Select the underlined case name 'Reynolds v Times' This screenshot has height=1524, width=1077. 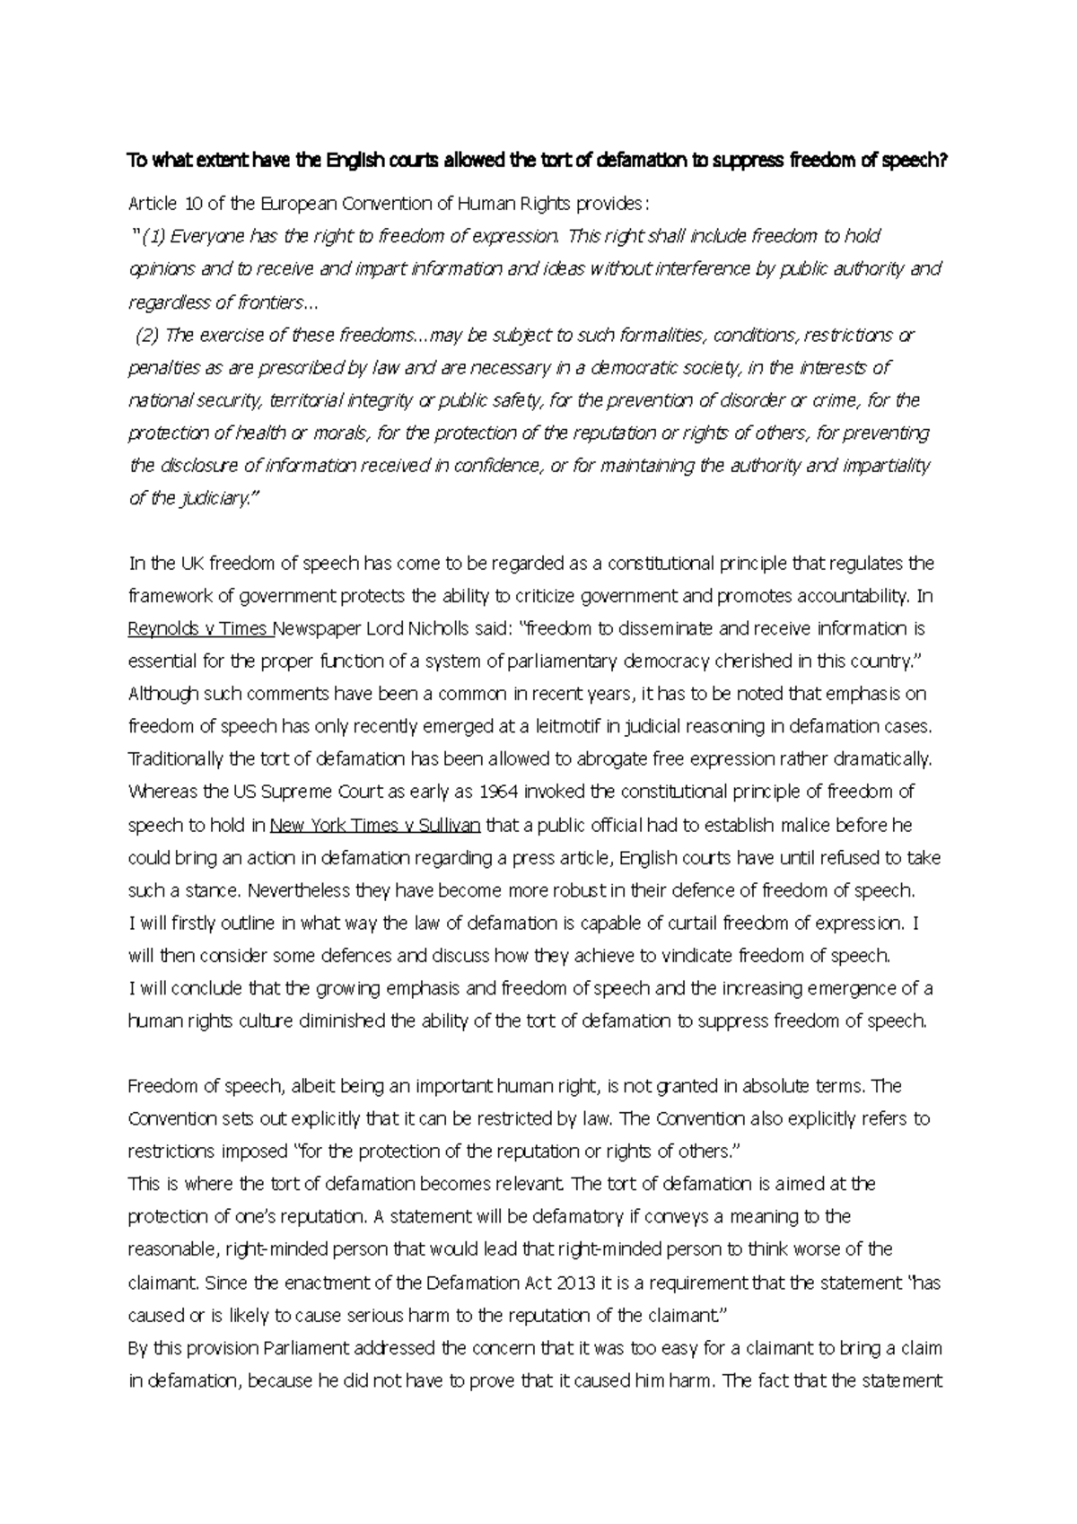pyautogui.click(x=199, y=628)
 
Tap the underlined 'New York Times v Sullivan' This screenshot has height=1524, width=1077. pyautogui.click(x=375, y=825)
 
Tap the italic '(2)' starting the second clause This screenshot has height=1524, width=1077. pyautogui.click(x=147, y=335)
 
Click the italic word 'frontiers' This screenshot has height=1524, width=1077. pyautogui.click(x=267, y=302)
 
